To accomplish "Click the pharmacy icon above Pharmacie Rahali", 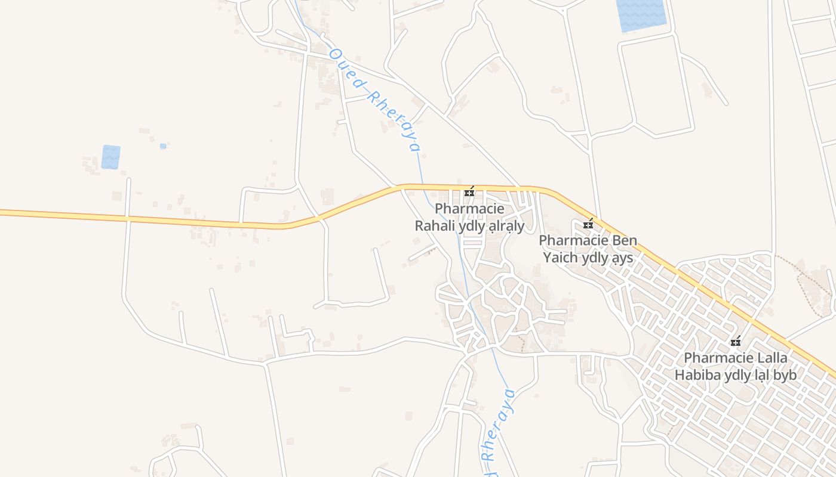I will coord(469,192).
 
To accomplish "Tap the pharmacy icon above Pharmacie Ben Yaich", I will coord(588,224).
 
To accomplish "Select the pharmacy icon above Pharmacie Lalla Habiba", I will coord(736,342).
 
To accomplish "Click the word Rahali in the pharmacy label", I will coord(434,226).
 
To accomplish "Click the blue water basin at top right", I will coord(641,14).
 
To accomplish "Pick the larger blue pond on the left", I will coord(110,157).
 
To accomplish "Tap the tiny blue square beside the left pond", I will coord(163,145).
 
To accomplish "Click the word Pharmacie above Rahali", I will coord(469,209).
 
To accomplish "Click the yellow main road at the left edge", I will coord(18,213).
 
